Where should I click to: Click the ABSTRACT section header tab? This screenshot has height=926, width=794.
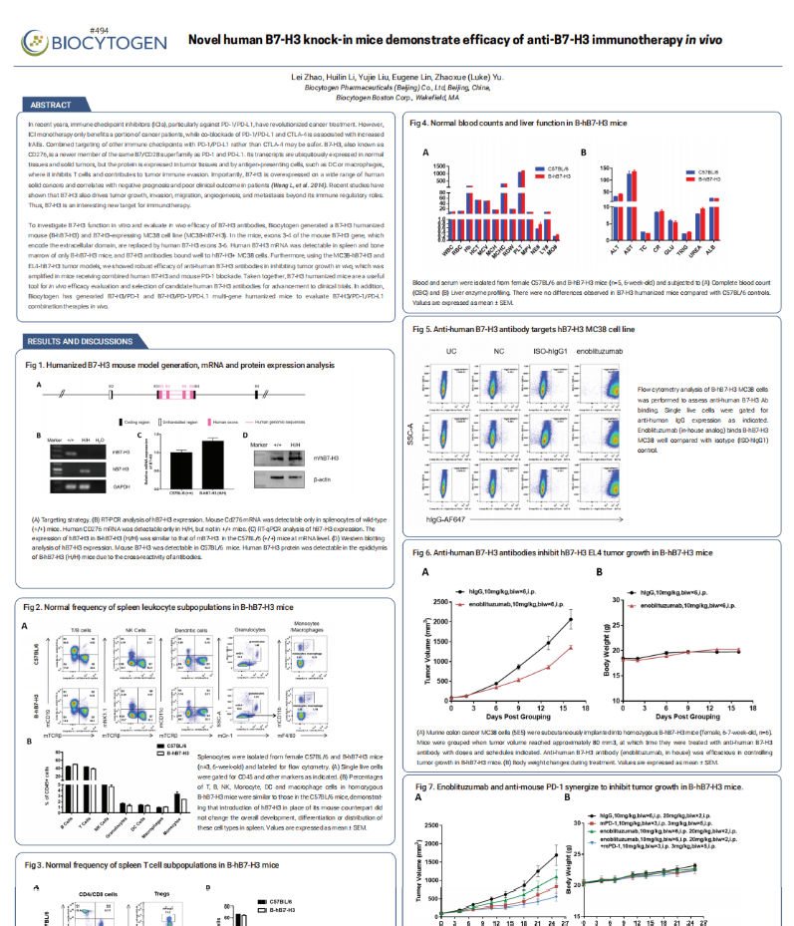51,105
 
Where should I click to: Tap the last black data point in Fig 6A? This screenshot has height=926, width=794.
571,619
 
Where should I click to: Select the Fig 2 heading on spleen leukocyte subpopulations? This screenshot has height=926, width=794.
159,606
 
